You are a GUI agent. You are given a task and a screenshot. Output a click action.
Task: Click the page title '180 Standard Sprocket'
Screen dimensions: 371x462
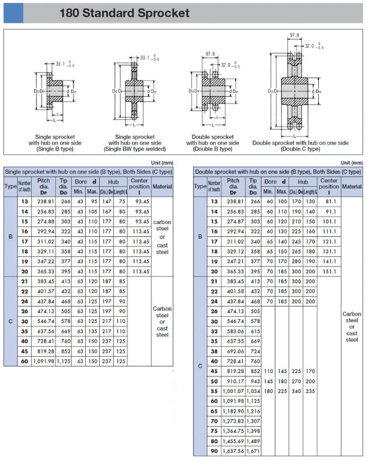pos(124,13)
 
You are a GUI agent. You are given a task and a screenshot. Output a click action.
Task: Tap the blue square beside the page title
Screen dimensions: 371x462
pos(13,13)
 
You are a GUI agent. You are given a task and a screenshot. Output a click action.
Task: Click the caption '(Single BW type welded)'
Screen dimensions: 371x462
pos(134,149)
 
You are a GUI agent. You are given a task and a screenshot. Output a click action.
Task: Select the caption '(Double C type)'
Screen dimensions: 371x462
pos(300,149)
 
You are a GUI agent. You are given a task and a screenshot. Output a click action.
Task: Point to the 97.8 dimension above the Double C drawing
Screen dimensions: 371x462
pos(294,35)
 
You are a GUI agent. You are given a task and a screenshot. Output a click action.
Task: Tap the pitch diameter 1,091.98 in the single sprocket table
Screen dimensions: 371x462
pos(44,361)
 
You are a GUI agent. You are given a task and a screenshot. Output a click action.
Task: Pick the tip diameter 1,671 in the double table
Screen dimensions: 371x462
pos(253,451)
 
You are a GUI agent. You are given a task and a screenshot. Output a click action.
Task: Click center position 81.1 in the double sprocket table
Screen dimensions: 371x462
pos(331,201)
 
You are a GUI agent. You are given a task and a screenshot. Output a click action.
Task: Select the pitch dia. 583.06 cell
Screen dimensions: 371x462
pos(235,331)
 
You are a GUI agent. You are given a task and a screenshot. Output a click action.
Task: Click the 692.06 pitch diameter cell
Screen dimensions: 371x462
pos(235,351)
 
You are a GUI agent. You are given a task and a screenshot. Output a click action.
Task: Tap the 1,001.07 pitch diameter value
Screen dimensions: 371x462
pos(234,391)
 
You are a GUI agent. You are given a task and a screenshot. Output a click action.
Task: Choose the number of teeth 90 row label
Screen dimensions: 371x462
pos(214,451)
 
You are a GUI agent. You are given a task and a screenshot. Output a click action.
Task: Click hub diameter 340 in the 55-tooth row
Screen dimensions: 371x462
pos(296,391)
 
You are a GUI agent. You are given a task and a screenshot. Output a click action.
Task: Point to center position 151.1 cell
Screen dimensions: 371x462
pos(329,272)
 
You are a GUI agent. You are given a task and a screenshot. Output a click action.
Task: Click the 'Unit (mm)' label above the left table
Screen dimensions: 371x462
pos(162,163)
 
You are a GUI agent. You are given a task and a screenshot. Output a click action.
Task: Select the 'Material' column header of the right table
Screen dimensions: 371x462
pos(352,186)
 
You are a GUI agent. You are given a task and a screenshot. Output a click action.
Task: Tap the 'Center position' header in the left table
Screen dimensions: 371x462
pos(139,184)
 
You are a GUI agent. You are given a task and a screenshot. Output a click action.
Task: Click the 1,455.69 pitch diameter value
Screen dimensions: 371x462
pos(234,441)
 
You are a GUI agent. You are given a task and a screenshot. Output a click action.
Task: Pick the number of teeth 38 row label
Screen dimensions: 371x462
pos(214,351)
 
